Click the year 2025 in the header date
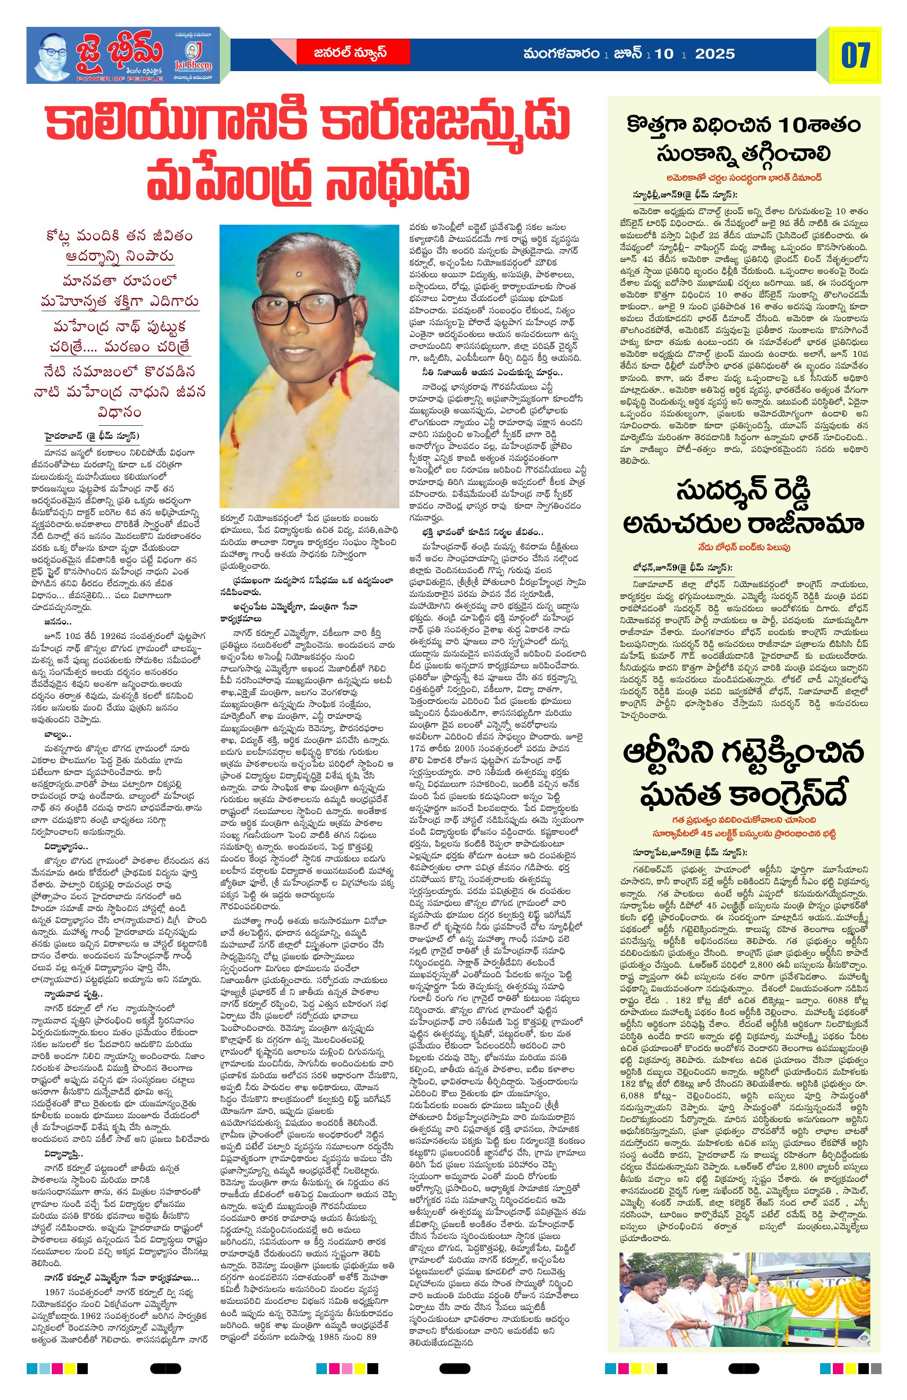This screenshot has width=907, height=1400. point(715,54)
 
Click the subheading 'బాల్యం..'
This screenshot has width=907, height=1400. point(57,735)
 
